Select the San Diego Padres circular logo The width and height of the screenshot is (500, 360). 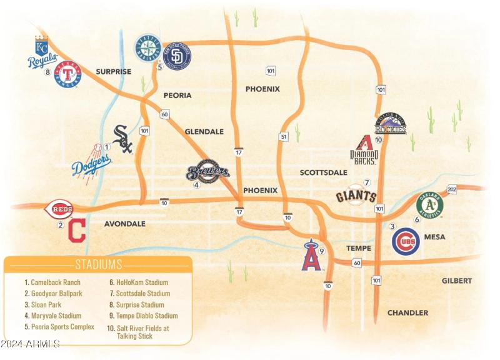(177, 56)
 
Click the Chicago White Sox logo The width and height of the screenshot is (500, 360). (123, 139)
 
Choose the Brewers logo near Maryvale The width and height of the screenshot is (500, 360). (208, 172)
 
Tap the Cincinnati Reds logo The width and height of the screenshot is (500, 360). (61, 209)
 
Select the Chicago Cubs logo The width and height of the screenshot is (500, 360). (406, 241)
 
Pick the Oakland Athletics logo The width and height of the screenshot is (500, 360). (429, 205)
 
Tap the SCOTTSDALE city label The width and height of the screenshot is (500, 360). (323, 172)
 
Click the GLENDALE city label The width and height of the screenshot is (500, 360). (204, 132)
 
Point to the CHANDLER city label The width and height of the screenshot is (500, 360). (407, 312)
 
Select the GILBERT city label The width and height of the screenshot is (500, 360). (457, 281)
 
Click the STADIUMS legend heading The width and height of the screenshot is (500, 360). (99, 264)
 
